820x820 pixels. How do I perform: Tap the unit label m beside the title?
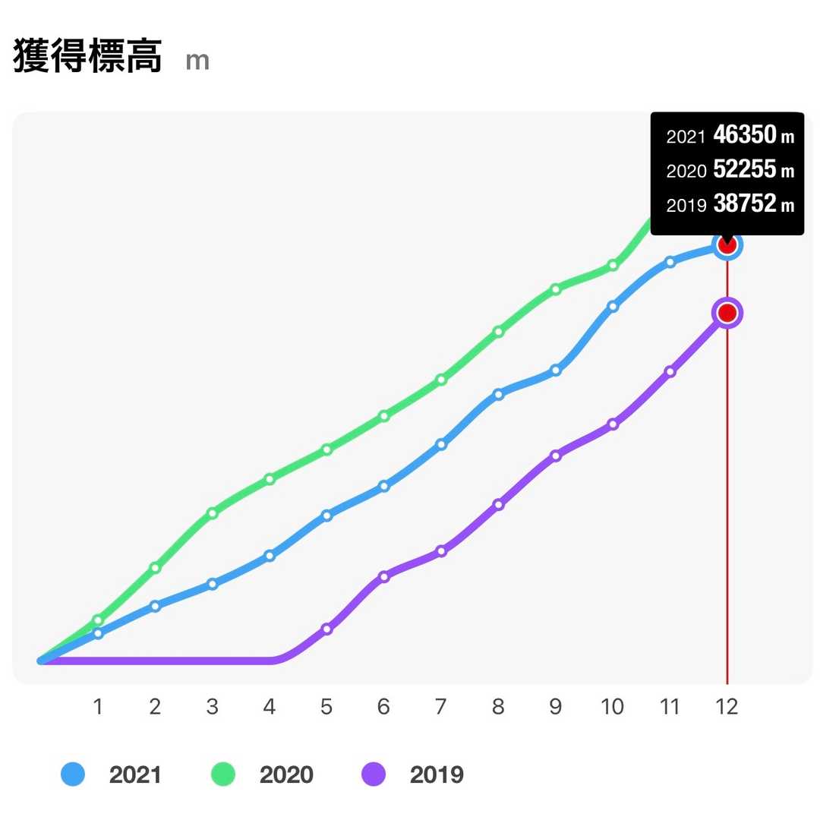[197, 61]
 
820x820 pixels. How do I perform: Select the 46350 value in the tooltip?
[745, 136]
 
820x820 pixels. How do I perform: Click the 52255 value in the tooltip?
[745, 170]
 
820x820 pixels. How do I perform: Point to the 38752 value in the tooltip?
[745, 204]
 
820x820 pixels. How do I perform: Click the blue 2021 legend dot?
[73, 774]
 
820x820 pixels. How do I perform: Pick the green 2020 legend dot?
[222, 774]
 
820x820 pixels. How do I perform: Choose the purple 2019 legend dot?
[373, 774]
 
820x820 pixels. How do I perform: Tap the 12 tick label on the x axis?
[727, 707]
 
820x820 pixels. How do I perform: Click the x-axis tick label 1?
[98, 707]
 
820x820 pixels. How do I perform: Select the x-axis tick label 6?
[383, 707]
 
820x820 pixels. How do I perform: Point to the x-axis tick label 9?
[556, 707]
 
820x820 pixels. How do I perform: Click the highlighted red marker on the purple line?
[727, 313]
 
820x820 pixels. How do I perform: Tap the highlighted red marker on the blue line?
[727, 245]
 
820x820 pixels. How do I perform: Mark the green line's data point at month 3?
[213, 513]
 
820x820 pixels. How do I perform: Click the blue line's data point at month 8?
[498, 394]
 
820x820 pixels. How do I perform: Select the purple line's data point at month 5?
[326, 629]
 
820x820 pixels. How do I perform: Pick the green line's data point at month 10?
[613, 266]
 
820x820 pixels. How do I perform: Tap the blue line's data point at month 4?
[270, 556]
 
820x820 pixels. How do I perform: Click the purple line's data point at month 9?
[556, 456]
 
